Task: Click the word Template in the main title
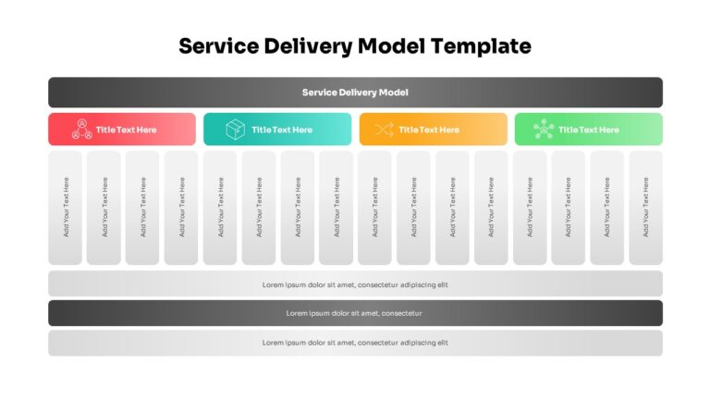click(481, 46)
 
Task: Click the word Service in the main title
click(219, 45)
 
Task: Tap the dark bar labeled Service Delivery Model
click(355, 93)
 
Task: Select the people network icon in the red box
click(82, 130)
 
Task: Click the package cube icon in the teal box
click(235, 130)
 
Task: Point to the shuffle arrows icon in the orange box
click(384, 130)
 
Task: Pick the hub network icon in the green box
click(544, 130)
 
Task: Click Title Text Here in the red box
click(127, 130)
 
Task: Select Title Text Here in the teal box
click(282, 130)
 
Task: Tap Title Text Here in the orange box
click(429, 130)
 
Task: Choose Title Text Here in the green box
click(589, 130)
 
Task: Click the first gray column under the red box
click(66, 207)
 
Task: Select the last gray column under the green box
click(645, 207)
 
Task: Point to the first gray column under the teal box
click(220, 207)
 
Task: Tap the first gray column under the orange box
click(375, 207)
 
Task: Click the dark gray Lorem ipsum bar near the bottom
click(355, 313)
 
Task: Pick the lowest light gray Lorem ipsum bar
click(355, 343)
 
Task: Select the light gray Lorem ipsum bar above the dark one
click(355, 284)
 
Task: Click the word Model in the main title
click(391, 45)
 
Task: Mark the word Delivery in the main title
click(309, 46)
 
